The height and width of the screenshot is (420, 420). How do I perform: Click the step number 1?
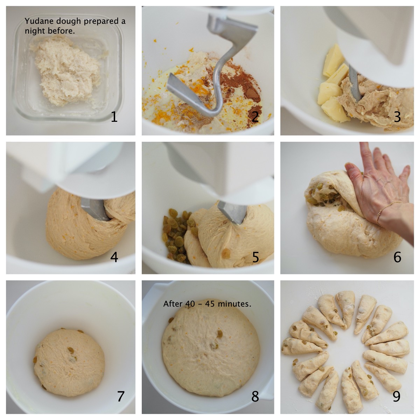coord(114,117)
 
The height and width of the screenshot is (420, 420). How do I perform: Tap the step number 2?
coord(255,117)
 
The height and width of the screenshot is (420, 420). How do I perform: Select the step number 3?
coord(397,117)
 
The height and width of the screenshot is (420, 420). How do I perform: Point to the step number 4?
coord(114,257)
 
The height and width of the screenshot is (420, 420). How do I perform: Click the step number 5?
coord(255,257)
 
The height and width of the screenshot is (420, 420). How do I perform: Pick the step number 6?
coord(397,257)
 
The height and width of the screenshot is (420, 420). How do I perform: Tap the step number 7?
coord(121,396)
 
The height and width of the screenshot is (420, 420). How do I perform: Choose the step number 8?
coord(255,396)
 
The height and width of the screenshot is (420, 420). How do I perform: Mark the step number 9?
coord(397,396)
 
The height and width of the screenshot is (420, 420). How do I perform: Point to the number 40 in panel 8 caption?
coord(190,304)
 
